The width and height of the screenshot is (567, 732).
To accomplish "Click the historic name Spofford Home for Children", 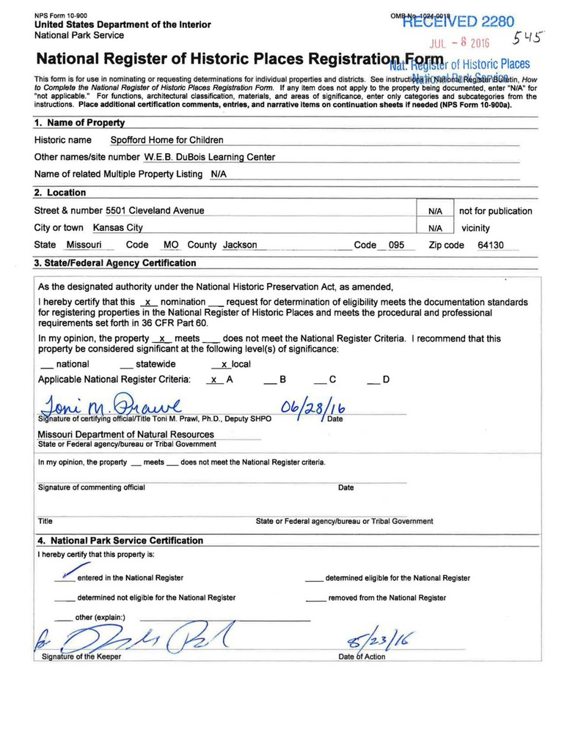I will [167, 140].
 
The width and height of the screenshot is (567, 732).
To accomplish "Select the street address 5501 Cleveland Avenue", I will [155, 211].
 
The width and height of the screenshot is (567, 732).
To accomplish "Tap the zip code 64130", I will [490, 245].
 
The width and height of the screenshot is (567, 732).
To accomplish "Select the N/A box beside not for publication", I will [434, 211].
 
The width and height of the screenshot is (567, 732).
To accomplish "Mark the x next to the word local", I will [224, 364].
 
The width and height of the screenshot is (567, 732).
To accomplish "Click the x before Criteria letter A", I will [213, 380].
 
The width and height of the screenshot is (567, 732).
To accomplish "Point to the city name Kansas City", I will [118, 228].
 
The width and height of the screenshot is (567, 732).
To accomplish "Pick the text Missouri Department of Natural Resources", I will [125, 435].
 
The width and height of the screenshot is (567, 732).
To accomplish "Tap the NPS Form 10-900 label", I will [60, 15].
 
